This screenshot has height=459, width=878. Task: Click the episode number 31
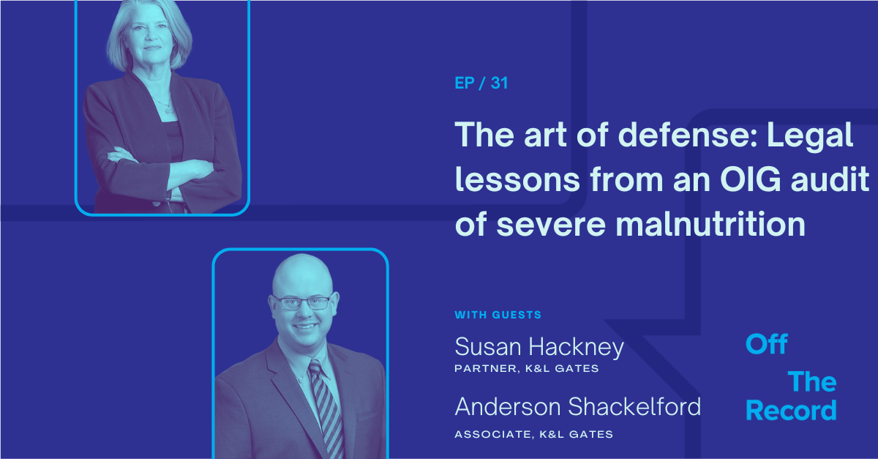[x=499, y=83]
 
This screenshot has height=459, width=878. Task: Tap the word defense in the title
[x=688, y=135]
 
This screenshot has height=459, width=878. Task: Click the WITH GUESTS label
[x=498, y=315]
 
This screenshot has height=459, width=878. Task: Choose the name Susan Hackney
[x=539, y=348]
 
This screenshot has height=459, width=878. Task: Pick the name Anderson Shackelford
[x=578, y=406]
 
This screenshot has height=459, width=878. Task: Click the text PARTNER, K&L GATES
[x=526, y=368]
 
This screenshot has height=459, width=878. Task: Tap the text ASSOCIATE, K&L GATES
[x=534, y=434]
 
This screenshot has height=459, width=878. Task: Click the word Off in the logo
[x=766, y=345]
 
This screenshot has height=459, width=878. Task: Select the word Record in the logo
[x=791, y=411]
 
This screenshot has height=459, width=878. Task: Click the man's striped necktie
[x=326, y=408]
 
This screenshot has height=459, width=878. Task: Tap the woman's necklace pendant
[x=168, y=111]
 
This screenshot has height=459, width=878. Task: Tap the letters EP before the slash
[x=465, y=83]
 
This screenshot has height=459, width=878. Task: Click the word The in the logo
[x=812, y=381]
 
